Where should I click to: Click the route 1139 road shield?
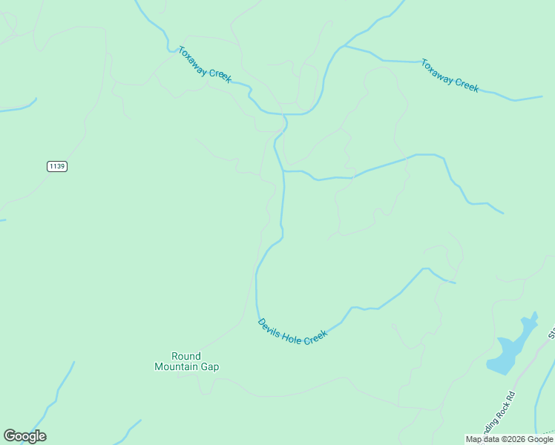(x=56, y=166)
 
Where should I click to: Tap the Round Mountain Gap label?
(x=186, y=361)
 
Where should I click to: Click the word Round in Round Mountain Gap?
(x=186, y=356)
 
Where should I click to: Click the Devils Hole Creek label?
(x=292, y=331)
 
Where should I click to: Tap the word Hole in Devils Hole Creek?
(x=292, y=334)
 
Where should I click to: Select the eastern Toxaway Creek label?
(x=450, y=75)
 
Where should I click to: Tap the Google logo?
(x=24, y=436)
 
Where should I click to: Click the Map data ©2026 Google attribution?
(x=510, y=439)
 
